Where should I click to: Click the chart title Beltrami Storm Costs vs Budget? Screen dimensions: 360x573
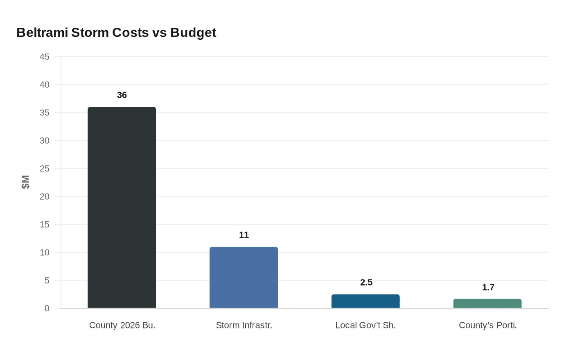(116, 33)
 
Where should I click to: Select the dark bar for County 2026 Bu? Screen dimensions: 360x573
(122, 207)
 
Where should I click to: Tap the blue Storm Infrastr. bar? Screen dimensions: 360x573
(244, 277)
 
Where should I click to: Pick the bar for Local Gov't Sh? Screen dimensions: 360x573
(365, 301)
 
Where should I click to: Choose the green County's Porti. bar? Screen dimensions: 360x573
(487, 304)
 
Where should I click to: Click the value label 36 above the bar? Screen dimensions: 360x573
(122, 95)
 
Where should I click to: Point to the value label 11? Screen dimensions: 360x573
(244, 235)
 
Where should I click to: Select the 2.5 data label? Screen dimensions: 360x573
(366, 283)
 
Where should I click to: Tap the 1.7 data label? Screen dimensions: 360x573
(488, 288)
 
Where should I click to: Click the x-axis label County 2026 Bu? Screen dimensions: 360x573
(122, 326)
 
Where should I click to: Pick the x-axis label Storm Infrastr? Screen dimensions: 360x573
(244, 326)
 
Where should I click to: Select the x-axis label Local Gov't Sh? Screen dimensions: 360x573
(365, 326)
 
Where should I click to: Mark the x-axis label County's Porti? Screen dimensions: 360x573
(487, 326)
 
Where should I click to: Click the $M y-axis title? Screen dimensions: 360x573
(25, 182)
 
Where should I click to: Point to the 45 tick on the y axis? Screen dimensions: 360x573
(44, 57)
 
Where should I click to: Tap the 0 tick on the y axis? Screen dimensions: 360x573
(47, 308)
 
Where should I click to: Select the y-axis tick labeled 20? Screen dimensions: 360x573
(44, 197)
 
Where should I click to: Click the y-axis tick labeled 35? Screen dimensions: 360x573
(44, 113)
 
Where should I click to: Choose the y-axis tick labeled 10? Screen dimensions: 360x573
(44, 253)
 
